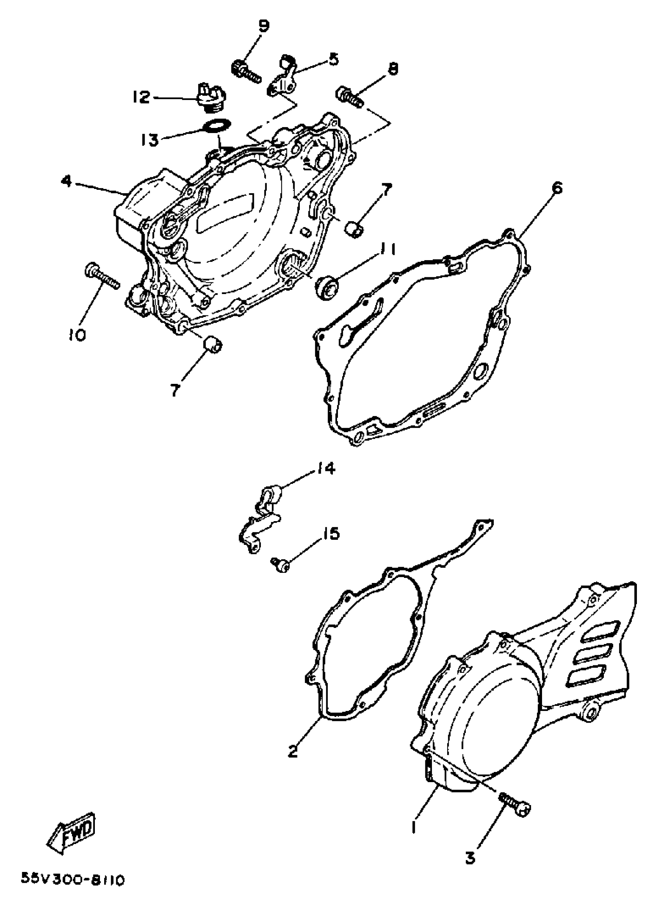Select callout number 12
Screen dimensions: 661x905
coord(141,97)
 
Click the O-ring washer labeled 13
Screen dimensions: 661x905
coord(217,125)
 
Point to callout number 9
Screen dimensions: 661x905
coord(263,26)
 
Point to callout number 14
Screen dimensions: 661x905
coord(326,468)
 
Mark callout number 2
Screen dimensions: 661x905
coord(293,751)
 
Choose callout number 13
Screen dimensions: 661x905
coord(150,139)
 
